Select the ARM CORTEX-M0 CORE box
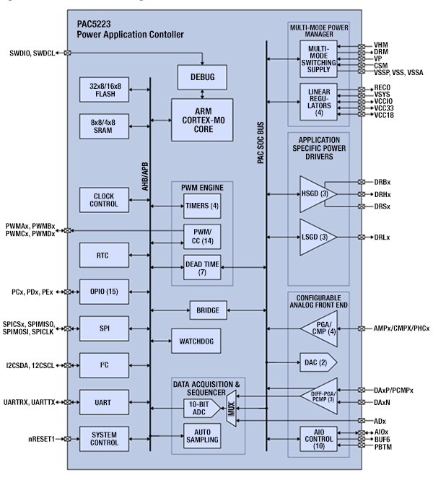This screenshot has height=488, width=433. coord(203,114)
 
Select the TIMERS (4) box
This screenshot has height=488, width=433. coord(202,206)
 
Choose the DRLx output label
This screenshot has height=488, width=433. coord(383,238)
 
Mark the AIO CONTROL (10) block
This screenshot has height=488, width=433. coord(318,438)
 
